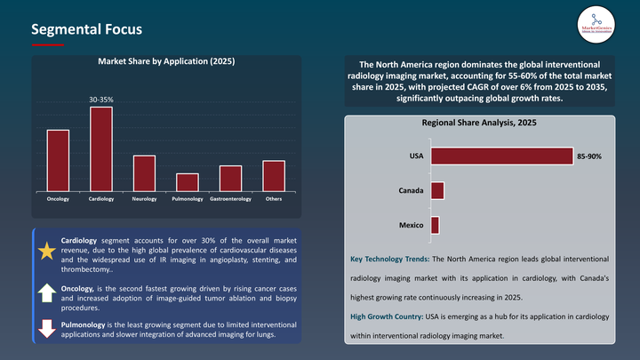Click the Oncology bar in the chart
tap(58, 160)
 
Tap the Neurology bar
tap(144, 172)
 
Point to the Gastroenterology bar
tap(230, 178)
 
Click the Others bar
tap(274, 175)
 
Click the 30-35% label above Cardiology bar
tap(100, 100)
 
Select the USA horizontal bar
tap(501, 156)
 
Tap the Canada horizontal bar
tap(436, 190)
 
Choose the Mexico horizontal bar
tap(435, 225)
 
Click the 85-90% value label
tap(589, 156)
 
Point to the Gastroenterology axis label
tap(230, 198)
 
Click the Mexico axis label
tap(410, 225)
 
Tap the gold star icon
tap(45, 252)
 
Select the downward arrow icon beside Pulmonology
tap(45, 329)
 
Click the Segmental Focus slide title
tap(85, 30)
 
